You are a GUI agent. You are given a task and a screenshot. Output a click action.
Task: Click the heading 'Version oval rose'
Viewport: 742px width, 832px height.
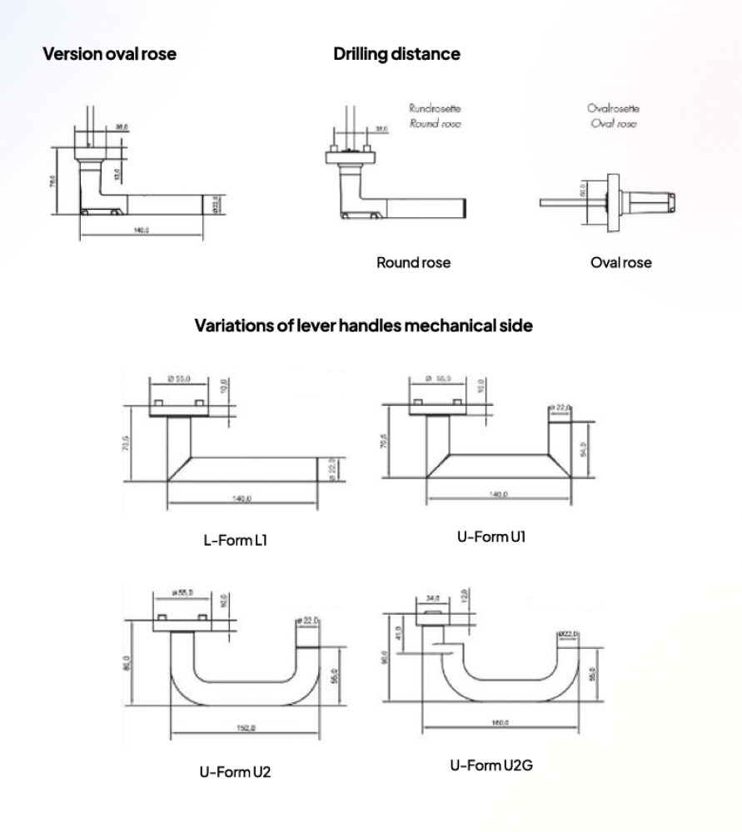click(x=109, y=55)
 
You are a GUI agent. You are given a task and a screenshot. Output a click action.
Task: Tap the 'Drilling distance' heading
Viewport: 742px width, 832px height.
click(x=396, y=55)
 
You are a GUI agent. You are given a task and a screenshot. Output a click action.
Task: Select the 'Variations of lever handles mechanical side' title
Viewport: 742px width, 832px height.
click(x=363, y=325)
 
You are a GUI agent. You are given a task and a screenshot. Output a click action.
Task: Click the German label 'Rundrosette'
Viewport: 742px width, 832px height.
click(x=435, y=108)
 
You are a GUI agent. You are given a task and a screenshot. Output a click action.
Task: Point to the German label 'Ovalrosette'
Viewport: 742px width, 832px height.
click(x=614, y=108)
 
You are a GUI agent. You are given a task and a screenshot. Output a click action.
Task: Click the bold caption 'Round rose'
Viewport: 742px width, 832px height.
click(x=413, y=263)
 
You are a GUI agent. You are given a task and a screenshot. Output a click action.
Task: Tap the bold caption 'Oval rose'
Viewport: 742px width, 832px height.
click(x=620, y=263)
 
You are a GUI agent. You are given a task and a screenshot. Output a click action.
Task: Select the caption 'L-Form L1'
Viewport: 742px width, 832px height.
click(x=236, y=541)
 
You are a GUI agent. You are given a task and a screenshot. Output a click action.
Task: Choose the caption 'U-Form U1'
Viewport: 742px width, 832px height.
click(x=491, y=537)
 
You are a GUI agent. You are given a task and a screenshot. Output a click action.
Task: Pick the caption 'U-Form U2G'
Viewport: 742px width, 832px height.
click(x=491, y=765)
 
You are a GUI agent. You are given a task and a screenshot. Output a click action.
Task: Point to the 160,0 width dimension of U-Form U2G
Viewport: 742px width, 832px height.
click(x=500, y=722)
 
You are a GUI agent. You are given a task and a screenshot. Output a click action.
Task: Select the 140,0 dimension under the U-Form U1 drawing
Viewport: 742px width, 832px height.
click(x=500, y=495)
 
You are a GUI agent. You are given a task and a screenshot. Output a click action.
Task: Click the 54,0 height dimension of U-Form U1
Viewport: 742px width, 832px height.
click(x=584, y=448)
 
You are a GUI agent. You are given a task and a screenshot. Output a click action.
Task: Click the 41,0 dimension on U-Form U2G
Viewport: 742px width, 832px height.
click(x=399, y=634)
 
